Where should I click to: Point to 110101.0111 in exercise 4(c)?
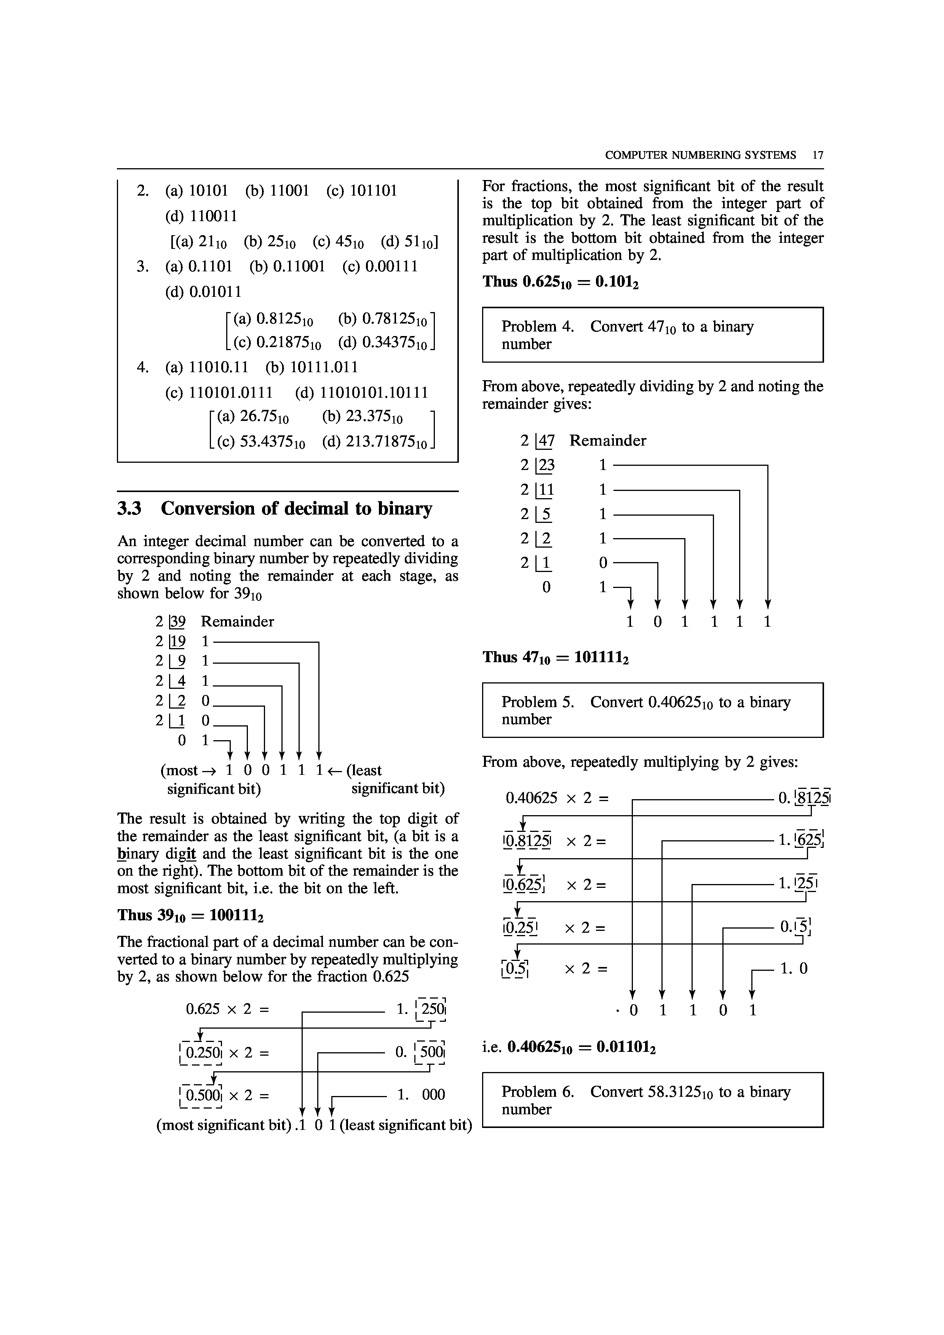230,392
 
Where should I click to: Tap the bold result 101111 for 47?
601,658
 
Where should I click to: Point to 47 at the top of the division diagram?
546,441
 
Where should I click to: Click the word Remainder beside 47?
608,441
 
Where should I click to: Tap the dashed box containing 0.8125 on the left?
527,841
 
